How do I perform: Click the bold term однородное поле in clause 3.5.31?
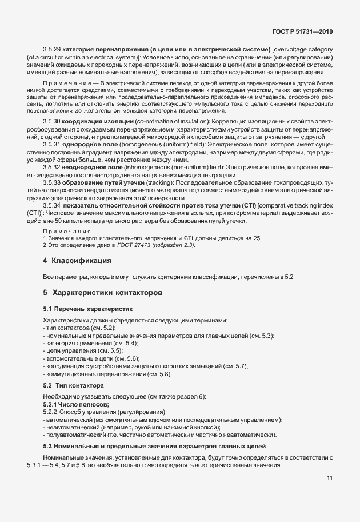[x=87, y=145]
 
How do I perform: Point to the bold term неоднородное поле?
[x=90, y=168]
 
